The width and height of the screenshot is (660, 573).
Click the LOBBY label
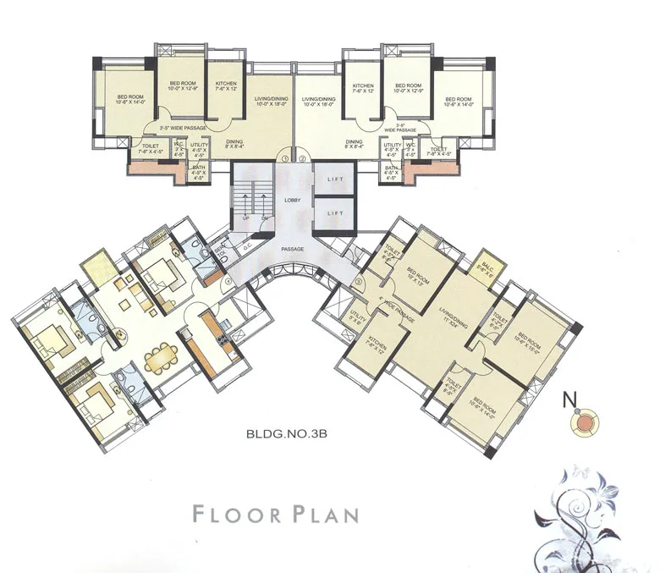[x=292, y=199]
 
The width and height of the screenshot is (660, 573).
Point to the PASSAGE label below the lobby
[x=293, y=250]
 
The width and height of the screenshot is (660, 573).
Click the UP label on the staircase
[x=246, y=218]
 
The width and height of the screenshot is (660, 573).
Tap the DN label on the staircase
[x=264, y=218]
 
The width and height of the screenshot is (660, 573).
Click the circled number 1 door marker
[x=286, y=158]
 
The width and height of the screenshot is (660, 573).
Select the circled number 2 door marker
[x=300, y=158]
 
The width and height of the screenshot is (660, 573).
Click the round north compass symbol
[x=585, y=421]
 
